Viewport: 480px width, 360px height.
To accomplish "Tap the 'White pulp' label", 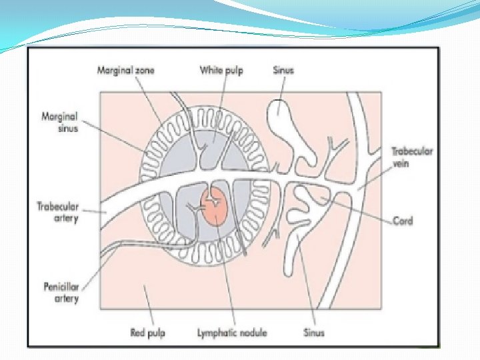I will click(223, 70).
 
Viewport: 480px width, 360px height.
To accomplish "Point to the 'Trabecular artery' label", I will click(58, 212).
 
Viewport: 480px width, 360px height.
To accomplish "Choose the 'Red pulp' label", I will click(148, 331).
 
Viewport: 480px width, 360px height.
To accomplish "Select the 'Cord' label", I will click(403, 221).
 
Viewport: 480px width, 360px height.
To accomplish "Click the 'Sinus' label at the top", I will click(283, 70).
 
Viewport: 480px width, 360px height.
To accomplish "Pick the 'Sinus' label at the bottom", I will click(313, 331).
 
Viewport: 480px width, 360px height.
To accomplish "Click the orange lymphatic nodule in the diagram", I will click(214, 205).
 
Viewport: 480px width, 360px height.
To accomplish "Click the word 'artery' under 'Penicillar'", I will click(66, 299).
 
